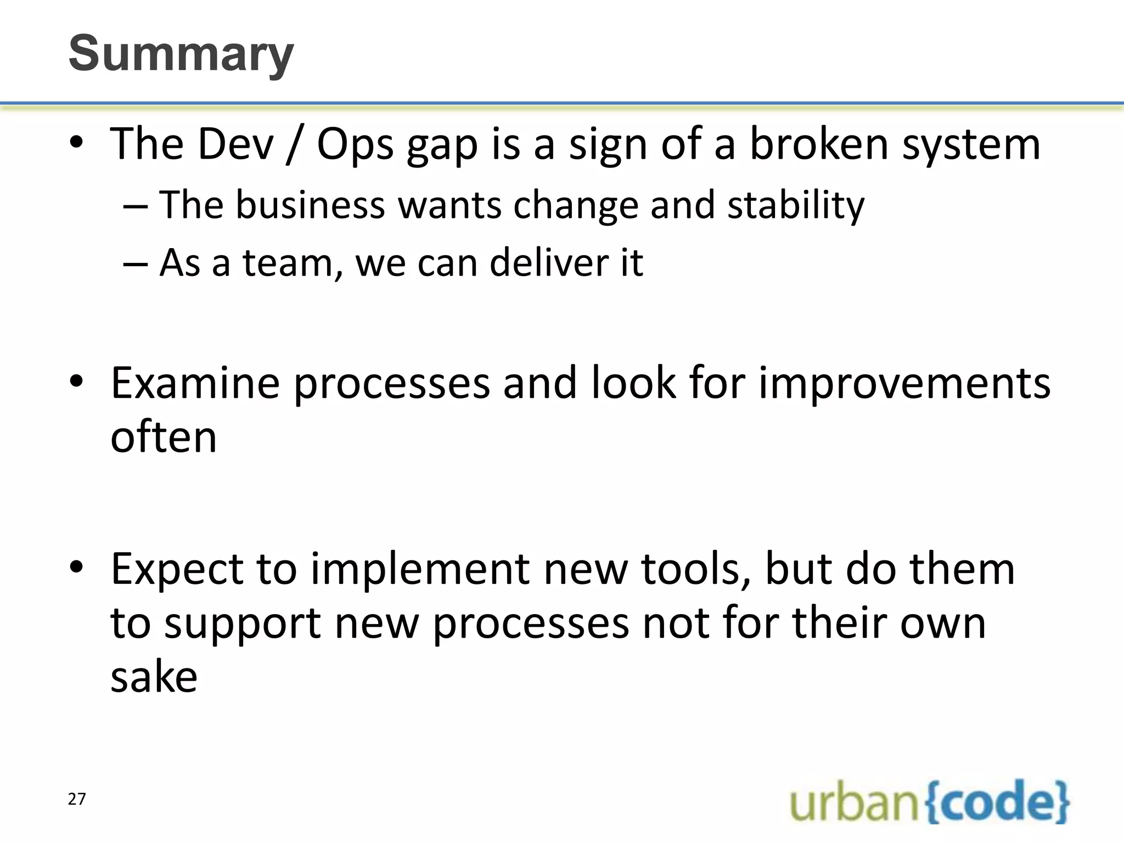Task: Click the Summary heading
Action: [x=181, y=53]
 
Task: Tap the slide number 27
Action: [x=77, y=799]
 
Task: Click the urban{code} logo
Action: [x=929, y=802]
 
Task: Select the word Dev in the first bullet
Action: [x=235, y=144]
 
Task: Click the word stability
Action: [x=795, y=205]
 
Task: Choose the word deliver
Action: [x=549, y=263]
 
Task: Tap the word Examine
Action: [x=195, y=383]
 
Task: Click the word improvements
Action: [x=904, y=383]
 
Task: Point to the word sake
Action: [x=154, y=677]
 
